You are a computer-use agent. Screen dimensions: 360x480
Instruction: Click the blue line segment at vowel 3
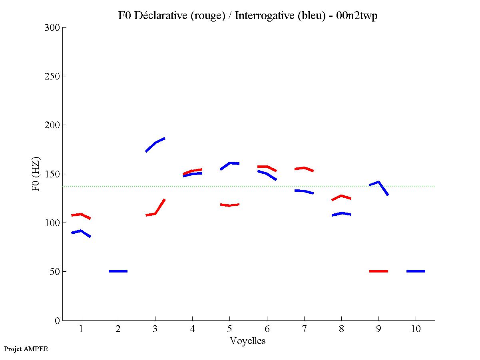(155, 143)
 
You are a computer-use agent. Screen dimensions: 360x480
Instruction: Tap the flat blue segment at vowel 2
(118, 271)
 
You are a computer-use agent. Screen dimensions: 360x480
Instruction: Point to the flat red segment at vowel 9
(378, 271)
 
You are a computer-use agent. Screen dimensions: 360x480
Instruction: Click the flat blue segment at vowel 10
(416, 271)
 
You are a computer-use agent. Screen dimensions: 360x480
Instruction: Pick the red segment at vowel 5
(229, 205)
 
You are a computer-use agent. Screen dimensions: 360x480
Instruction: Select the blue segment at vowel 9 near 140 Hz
(378, 182)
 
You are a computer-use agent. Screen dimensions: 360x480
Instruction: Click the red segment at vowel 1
(81, 214)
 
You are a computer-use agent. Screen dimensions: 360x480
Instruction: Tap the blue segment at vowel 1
(81, 231)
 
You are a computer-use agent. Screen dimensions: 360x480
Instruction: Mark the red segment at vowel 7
(304, 168)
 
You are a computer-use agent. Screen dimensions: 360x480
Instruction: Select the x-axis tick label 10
(416, 329)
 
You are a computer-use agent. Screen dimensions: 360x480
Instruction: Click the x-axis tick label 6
(267, 329)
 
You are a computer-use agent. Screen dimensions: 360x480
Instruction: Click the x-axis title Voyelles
(248, 341)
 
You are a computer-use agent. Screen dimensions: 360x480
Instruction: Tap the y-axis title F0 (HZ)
(36, 174)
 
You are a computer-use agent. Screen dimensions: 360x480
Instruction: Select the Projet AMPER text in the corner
(26, 349)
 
